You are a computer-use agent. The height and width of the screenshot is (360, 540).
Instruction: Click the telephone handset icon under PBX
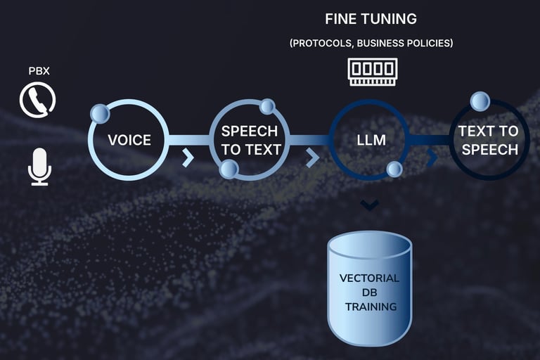coord(37,100)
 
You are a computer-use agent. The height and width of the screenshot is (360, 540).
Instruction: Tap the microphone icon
coord(39,166)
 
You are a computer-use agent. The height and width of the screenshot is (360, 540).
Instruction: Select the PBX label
coord(39,71)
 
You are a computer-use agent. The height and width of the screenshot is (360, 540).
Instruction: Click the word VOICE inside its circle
coord(129,140)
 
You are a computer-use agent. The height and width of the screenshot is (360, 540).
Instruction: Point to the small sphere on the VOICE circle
coord(100,112)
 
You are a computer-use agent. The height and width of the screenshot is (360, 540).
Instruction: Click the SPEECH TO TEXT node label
coord(250,140)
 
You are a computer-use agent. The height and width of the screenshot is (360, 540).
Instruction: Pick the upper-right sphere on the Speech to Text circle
coord(267,106)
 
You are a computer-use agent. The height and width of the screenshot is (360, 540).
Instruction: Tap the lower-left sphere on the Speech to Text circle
coord(229,169)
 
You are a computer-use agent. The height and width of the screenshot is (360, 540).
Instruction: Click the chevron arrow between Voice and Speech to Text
coord(188,157)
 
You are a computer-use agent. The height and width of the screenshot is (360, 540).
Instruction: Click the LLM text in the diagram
coord(371,140)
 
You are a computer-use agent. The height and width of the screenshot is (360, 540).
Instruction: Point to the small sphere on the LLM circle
coord(394,169)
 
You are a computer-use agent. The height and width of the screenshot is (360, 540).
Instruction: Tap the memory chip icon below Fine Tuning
coord(371,72)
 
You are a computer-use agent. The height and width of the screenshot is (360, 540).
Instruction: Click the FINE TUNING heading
coord(371,18)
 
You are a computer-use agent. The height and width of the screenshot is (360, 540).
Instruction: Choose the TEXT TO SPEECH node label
coord(489,140)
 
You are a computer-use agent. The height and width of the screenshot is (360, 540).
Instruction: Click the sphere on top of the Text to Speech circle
coord(480,101)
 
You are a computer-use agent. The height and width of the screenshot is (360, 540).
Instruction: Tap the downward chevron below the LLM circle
coord(370,205)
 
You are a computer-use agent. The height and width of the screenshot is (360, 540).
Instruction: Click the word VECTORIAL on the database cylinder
coord(370,278)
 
